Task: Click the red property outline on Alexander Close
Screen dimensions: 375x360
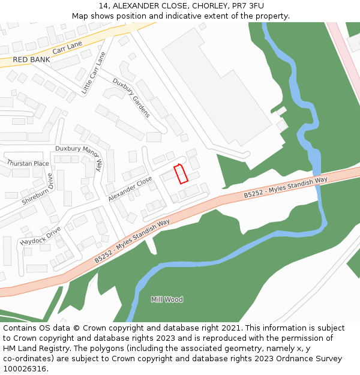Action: coord(181,173)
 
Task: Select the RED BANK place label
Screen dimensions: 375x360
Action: coord(31,60)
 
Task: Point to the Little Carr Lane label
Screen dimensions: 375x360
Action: coord(94,74)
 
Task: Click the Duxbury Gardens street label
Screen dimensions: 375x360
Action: coord(131,98)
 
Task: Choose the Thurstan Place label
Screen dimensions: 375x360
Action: coord(28,163)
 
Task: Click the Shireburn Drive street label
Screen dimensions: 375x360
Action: coord(38,190)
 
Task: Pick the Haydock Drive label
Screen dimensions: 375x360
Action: coord(40,235)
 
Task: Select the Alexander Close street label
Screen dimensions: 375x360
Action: coord(130,189)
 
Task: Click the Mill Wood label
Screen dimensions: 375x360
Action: coord(167,299)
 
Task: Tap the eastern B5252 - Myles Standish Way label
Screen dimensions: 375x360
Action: coord(286,188)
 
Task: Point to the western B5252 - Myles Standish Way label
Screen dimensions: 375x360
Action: coord(132,241)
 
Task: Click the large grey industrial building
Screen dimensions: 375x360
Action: coord(225,84)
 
